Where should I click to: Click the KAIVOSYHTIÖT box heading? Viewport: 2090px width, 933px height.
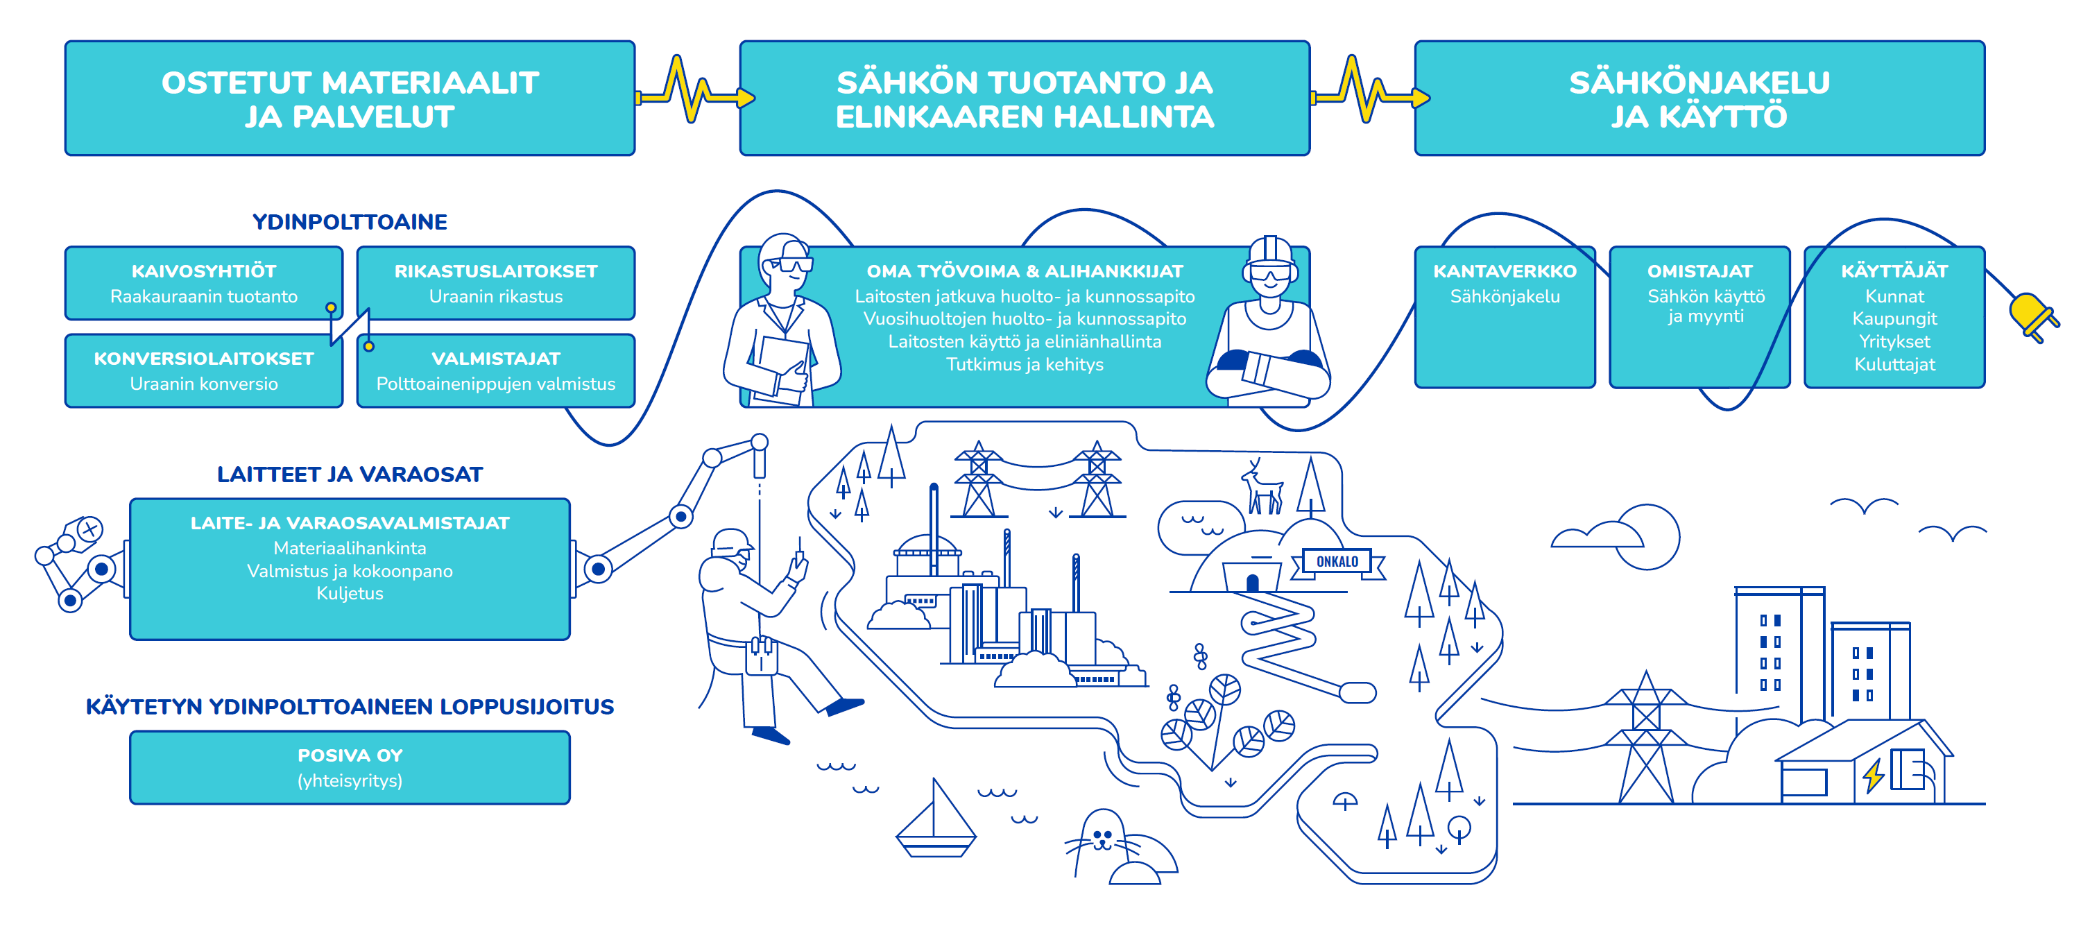point(204,271)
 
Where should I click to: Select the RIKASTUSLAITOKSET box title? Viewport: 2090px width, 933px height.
point(496,271)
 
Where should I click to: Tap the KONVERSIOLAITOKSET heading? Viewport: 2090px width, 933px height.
point(204,359)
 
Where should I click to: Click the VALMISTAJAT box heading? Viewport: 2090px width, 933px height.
point(496,359)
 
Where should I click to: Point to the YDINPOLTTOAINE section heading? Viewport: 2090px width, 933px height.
point(350,221)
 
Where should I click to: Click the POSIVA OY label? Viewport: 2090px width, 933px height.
point(350,755)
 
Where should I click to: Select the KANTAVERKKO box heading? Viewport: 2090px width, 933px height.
point(1505,271)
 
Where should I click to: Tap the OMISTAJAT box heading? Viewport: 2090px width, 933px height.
point(1699,271)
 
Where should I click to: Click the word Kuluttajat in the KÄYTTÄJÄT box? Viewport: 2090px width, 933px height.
point(1894,364)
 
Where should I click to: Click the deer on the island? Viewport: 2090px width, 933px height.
point(1262,488)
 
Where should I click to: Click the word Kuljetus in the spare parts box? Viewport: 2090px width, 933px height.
point(350,593)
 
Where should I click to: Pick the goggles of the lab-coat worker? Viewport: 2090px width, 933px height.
point(794,264)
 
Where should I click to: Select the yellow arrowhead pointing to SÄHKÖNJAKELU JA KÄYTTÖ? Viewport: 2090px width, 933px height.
point(1421,99)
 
